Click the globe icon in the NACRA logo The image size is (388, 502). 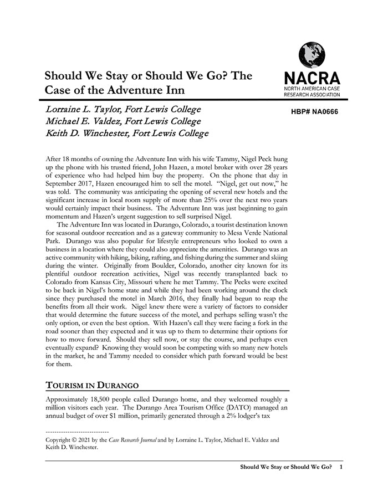pyautogui.click(x=312, y=55)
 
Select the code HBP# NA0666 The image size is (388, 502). pyautogui.click(x=314, y=111)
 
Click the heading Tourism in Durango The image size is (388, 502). pyautogui.click(x=92, y=385)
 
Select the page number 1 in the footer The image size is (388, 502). pyautogui.click(x=341, y=467)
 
